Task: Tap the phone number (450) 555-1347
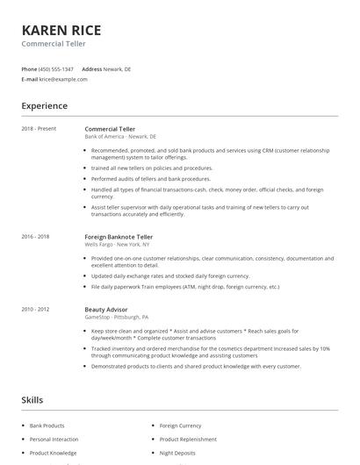[57, 68]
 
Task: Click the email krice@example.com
[63, 79]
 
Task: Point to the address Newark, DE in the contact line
[117, 68]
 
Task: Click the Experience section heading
[45, 106]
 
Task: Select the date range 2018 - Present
[39, 129]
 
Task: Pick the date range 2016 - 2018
[35, 237]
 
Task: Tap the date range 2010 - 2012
[35, 310]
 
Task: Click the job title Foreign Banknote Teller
[119, 237]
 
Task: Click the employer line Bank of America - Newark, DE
[120, 137]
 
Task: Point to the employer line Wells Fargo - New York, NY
[119, 245]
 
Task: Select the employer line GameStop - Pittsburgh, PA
[116, 318]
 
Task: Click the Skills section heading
[33, 400]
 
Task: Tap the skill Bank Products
[47, 426]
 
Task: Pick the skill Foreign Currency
[180, 426]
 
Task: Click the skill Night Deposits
[176, 454]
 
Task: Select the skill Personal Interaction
[54, 440]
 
